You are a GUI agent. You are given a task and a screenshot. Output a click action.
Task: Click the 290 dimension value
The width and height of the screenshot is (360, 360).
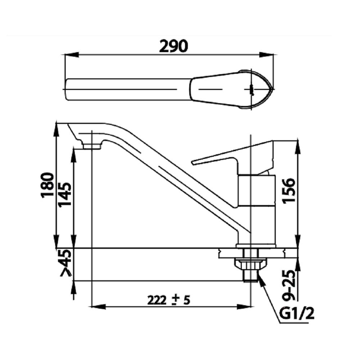(x=174, y=46)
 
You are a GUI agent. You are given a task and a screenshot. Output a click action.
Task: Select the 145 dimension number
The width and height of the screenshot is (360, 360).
(x=65, y=195)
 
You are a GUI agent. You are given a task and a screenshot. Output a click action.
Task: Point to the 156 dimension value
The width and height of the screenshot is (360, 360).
(x=288, y=190)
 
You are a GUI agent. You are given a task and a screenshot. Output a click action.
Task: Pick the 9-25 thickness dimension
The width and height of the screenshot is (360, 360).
(x=288, y=285)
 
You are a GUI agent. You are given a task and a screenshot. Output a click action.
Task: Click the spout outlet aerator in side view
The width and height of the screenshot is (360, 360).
(x=92, y=147)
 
